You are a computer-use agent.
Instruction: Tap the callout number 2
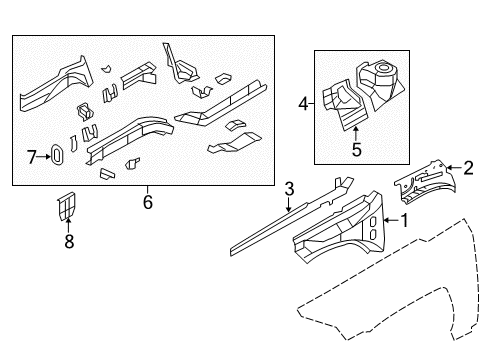[x=468, y=168]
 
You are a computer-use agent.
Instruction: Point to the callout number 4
[x=303, y=101]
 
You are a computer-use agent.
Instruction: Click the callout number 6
[x=147, y=203]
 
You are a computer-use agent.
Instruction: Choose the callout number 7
[x=31, y=156]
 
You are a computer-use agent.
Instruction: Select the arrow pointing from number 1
[x=391, y=219]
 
